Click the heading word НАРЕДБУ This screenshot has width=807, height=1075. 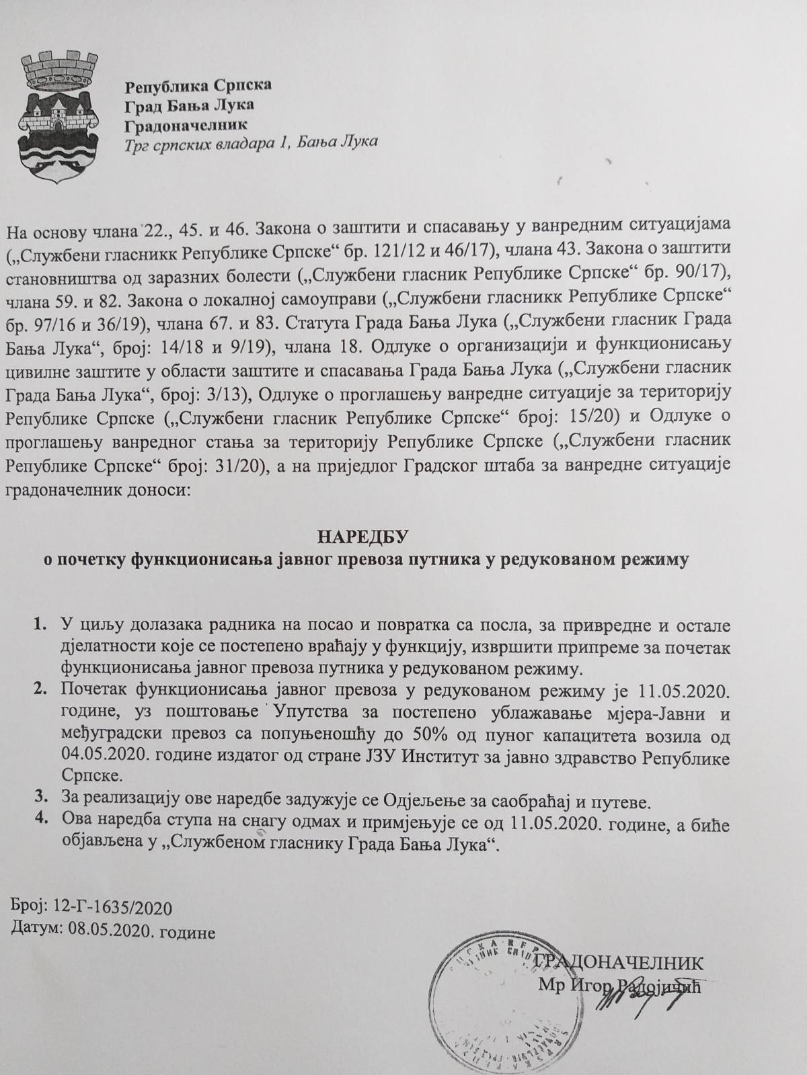363,537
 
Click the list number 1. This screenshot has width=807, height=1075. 42,626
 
